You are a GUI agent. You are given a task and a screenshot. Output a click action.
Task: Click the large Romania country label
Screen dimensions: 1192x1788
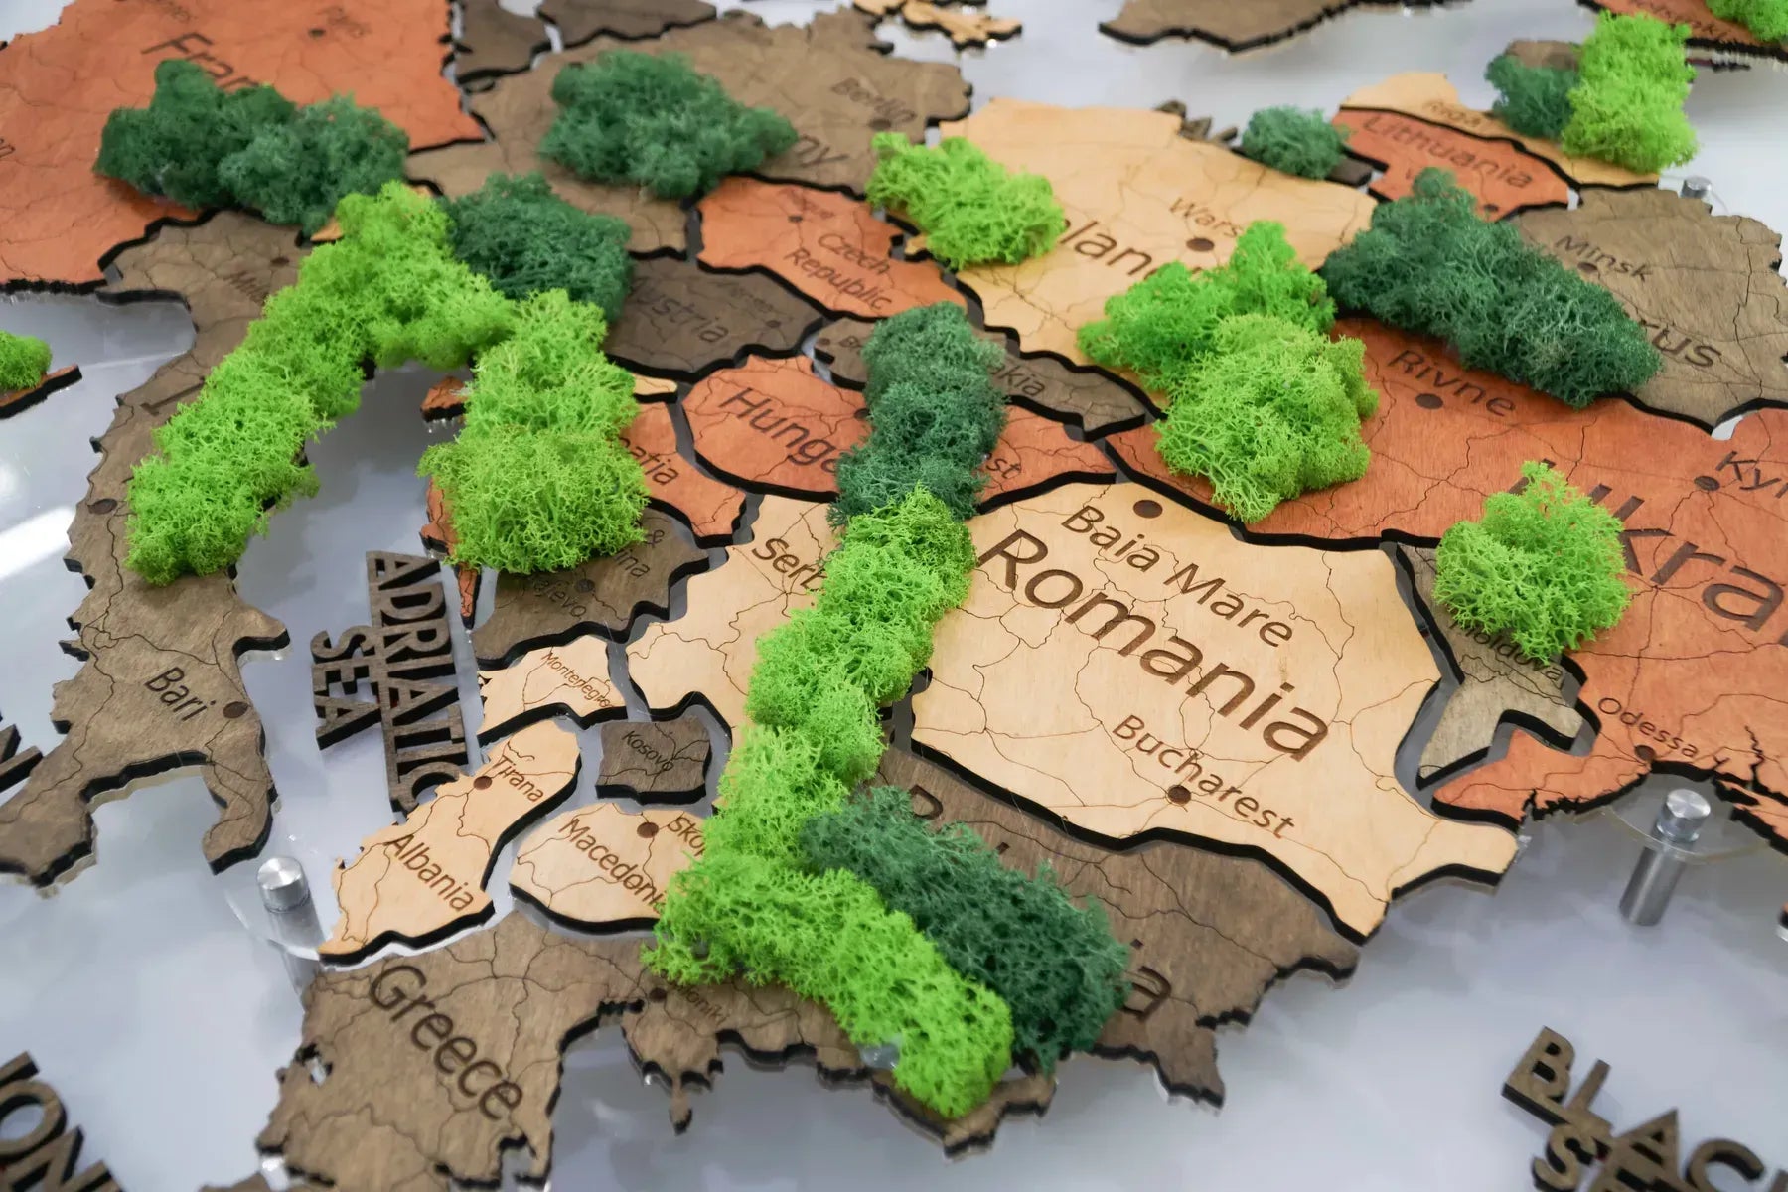pyautogui.click(x=1152, y=641)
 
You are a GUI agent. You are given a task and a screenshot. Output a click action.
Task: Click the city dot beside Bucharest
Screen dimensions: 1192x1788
pyautogui.click(x=1178, y=792)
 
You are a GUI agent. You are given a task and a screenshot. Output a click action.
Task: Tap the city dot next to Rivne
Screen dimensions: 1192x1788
pyautogui.click(x=1429, y=401)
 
